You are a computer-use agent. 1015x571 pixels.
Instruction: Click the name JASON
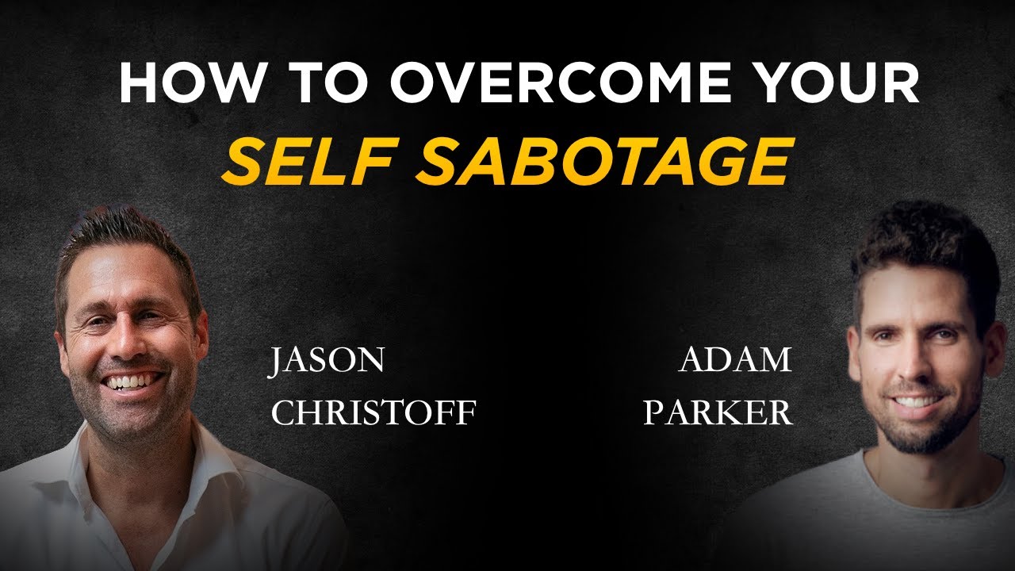(x=326, y=361)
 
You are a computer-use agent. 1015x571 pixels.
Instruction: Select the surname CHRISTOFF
(x=373, y=413)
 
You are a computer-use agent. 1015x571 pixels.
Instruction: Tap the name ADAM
(x=735, y=361)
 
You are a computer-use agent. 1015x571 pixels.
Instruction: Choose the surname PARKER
(x=718, y=413)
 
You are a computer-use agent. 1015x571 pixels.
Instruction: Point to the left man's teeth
(x=131, y=381)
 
